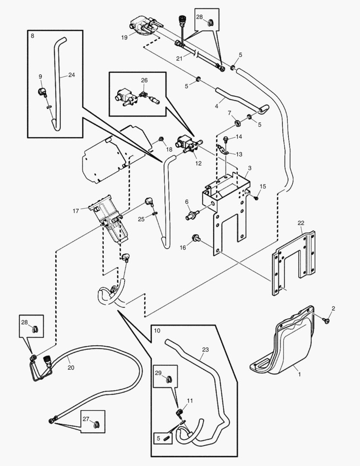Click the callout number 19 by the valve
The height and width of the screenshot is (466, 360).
[x=124, y=38]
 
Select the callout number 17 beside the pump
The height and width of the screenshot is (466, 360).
[x=76, y=211]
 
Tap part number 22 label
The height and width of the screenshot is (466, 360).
[x=301, y=223]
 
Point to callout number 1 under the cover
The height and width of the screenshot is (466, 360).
[x=300, y=375]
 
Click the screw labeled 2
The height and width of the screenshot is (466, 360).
[x=326, y=321]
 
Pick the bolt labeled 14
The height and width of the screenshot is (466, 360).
[x=225, y=139]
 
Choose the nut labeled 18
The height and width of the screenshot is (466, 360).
[x=161, y=139]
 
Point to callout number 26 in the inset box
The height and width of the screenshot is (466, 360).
[x=144, y=80]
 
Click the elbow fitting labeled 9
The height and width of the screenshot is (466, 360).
[x=42, y=91]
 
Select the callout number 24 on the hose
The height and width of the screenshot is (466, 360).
[x=71, y=75]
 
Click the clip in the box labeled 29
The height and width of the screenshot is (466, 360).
[x=169, y=379]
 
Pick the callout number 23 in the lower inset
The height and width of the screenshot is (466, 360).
[x=205, y=350]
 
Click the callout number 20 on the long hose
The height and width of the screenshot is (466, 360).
[x=71, y=368]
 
